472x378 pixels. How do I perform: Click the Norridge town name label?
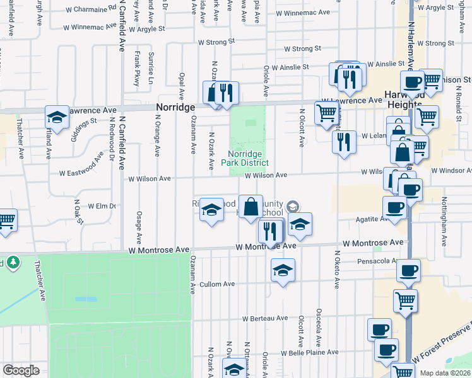pyautogui.click(x=175, y=108)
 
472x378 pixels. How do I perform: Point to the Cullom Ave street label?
pyautogui.click(x=217, y=284)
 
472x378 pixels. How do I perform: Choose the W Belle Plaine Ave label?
pyautogui.click(x=309, y=353)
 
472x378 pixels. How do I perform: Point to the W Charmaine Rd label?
pyautogui.click(x=91, y=9)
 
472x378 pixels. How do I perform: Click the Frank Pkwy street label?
pyautogui.click(x=137, y=69)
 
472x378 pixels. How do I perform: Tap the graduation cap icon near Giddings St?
pyautogui.click(x=57, y=117)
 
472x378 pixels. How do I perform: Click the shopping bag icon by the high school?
pyautogui.click(x=251, y=206)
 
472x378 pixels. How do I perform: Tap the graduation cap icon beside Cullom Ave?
pyautogui.click(x=283, y=272)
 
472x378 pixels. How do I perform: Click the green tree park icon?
pyautogui.click(x=12, y=262)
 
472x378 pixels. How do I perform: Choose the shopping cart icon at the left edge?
pyautogui.click(x=6, y=221)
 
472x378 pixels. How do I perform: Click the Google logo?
pyautogui.click(x=21, y=370)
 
